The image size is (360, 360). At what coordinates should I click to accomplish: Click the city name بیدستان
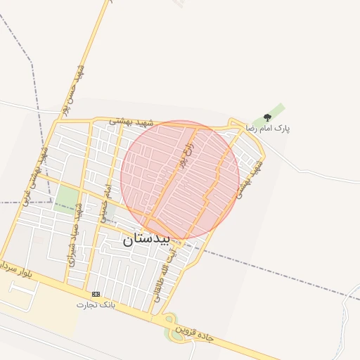pyautogui.click(x=146, y=239)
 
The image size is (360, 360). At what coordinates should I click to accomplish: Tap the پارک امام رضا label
pyautogui.click(x=267, y=129)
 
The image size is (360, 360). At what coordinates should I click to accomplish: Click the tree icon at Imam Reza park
pyautogui.click(x=267, y=117)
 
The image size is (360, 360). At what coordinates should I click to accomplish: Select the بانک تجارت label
pyautogui.click(x=95, y=305)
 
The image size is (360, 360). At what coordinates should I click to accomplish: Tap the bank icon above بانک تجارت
pyautogui.click(x=96, y=294)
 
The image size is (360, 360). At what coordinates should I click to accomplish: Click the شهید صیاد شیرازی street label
pyautogui.click(x=77, y=235)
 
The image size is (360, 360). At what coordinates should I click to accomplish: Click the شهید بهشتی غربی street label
pyautogui.click(x=37, y=173)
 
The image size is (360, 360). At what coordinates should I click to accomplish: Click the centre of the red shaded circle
pyautogui.click(x=180, y=179)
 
